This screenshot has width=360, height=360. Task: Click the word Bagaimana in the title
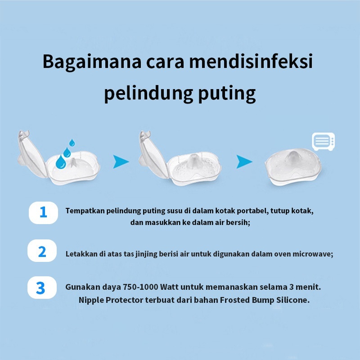click(x=92, y=62)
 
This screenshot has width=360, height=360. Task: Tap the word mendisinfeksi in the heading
click(x=251, y=61)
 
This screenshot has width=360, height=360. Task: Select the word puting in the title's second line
click(x=227, y=94)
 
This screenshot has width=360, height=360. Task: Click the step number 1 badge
click(x=43, y=212)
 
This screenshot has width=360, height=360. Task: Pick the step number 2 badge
click(x=42, y=251)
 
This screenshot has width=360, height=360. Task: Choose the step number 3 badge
click(x=42, y=288)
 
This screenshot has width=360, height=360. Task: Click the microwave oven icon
click(x=323, y=141)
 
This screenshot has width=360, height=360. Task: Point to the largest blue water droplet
click(x=61, y=162)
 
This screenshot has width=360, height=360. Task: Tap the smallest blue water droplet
click(x=72, y=143)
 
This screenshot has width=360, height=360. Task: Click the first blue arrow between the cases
click(x=120, y=162)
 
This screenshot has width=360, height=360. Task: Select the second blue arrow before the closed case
click(x=243, y=162)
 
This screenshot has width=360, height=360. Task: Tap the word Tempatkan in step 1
click(x=85, y=211)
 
